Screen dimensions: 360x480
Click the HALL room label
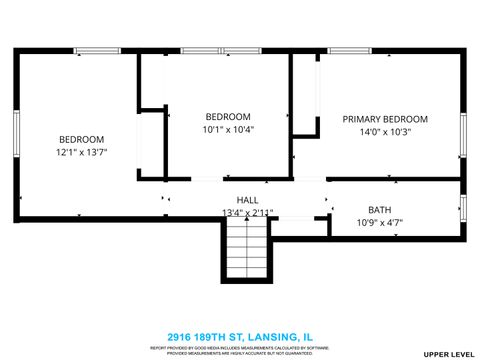tap(247, 200)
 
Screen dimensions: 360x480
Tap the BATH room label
tap(380, 210)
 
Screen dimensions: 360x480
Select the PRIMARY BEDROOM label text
tap(385, 119)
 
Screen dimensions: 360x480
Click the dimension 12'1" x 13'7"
tap(81, 153)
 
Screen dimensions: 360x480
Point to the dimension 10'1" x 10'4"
tap(228, 129)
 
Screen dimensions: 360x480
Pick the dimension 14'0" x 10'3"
tap(385, 131)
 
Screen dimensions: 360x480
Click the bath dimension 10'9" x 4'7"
tap(380, 222)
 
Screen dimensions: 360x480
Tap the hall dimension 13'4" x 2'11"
tap(247, 212)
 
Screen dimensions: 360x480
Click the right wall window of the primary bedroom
tap(463, 135)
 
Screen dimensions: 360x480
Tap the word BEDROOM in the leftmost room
tap(81, 140)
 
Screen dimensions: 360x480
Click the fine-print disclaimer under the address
tap(239, 350)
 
